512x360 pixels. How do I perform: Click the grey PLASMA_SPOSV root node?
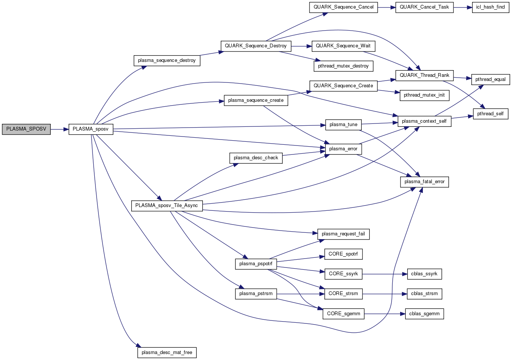pyautogui.click(x=26, y=129)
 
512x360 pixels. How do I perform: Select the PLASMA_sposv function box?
pyautogui.click(x=91, y=129)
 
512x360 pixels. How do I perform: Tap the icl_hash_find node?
pyautogui.click(x=490, y=7)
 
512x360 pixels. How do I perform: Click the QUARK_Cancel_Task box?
pyautogui.click(x=424, y=7)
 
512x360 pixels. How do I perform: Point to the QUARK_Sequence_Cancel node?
pyautogui.click(x=343, y=7)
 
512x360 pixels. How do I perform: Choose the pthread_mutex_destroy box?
pyautogui.click(x=343, y=66)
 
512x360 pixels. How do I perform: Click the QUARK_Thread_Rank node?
pyautogui.click(x=424, y=75)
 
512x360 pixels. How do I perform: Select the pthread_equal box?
pyautogui.click(x=490, y=79)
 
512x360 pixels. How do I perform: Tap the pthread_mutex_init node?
pyautogui.click(x=424, y=95)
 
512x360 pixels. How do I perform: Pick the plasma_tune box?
pyautogui.click(x=343, y=125)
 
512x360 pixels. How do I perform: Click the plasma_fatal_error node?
pyautogui.click(x=424, y=182)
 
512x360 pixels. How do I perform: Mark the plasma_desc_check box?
pyautogui.click(x=256, y=158)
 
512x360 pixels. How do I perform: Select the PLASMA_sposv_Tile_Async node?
pyautogui.click(x=167, y=206)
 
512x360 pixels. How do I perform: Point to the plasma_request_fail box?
pyautogui.click(x=343, y=234)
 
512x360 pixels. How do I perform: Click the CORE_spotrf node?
pyautogui.click(x=343, y=254)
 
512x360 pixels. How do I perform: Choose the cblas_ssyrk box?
pyautogui.click(x=424, y=274)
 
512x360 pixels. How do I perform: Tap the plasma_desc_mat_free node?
pyautogui.click(x=167, y=353)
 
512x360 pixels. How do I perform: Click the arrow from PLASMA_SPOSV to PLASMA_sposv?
pyautogui.click(x=59, y=129)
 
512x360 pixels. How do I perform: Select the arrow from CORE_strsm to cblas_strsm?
pyautogui.click(x=384, y=294)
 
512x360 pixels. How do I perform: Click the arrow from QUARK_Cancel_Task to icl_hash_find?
pyautogui.click(x=463, y=7)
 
